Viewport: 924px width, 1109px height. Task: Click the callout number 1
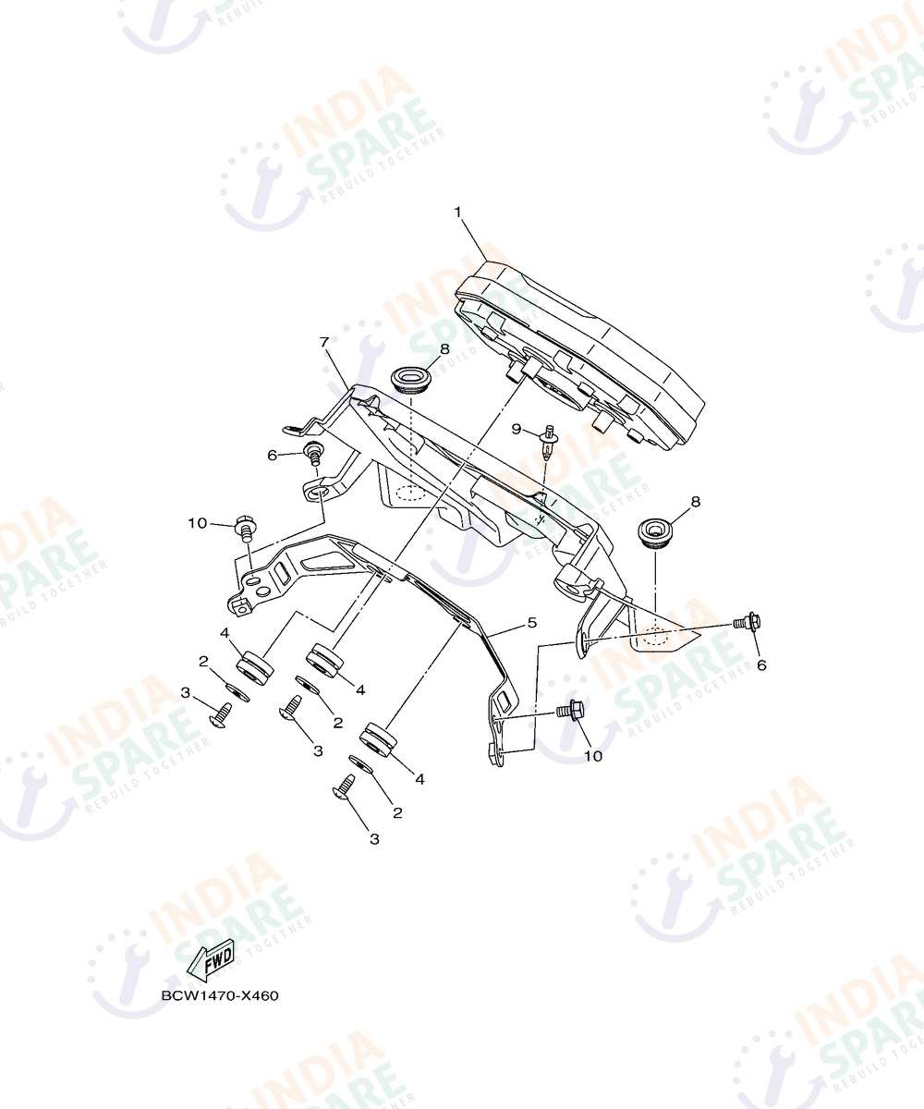(457, 213)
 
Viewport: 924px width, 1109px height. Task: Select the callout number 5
(531, 622)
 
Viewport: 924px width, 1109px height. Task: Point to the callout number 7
(325, 342)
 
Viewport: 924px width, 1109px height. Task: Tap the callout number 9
(517, 429)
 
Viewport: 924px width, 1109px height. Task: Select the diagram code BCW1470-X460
(220, 995)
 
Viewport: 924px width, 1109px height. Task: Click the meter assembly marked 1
(578, 353)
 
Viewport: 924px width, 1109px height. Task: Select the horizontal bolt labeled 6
(746, 621)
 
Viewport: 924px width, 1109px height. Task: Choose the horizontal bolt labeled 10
(571, 710)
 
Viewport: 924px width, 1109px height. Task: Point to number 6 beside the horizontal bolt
(761, 665)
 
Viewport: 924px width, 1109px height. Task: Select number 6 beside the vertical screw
(272, 456)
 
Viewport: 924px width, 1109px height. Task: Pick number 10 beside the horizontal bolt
(594, 756)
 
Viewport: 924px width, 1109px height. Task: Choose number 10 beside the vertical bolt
(197, 523)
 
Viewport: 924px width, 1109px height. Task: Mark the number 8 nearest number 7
(444, 349)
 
